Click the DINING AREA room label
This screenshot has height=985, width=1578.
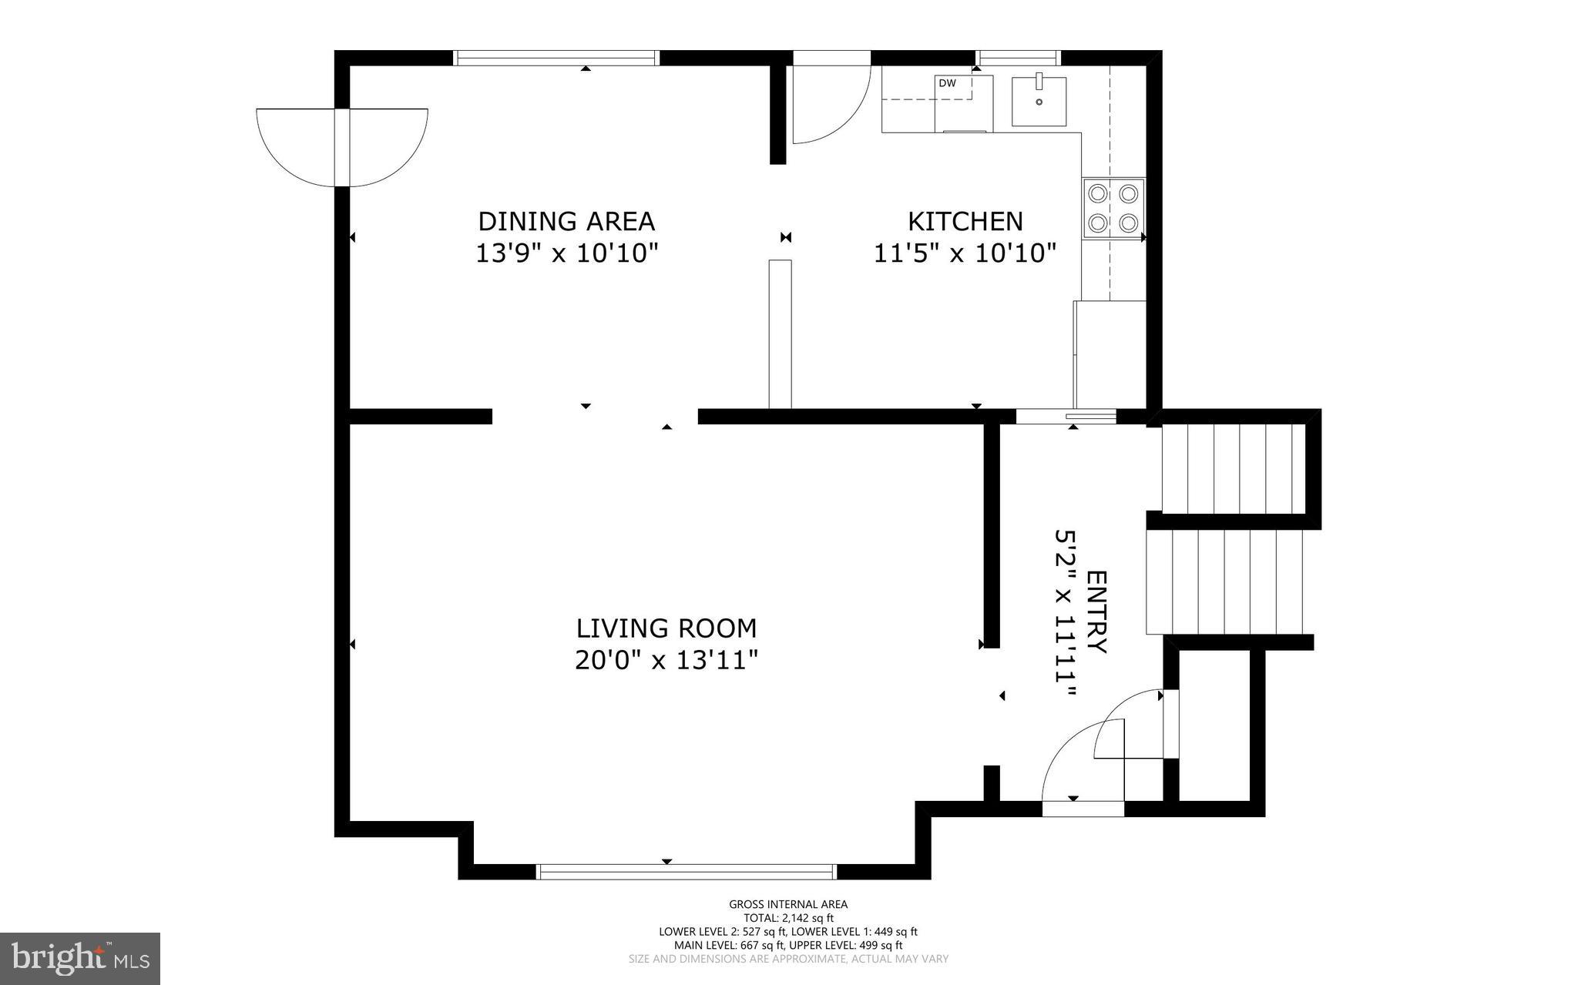pyautogui.click(x=566, y=221)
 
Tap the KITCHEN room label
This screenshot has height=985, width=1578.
pyautogui.click(x=965, y=221)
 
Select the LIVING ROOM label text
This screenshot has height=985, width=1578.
pyautogui.click(x=666, y=628)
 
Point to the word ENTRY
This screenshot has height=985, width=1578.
pyautogui.click(x=1096, y=612)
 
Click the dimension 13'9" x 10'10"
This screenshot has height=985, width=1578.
pyautogui.click(x=566, y=253)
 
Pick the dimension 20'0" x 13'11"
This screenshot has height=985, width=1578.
pyautogui.click(x=666, y=660)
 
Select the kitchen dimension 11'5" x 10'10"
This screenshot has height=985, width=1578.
pyautogui.click(x=965, y=253)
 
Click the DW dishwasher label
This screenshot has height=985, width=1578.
pyautogui.click(x=947, y=83)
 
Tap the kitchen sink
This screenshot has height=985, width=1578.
pyautogui.click(x=1039, y=101)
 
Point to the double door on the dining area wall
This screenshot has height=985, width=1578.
pyautogui.click(x=341, y=146)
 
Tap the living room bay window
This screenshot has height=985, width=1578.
pyautogui.click(x=686, y=872)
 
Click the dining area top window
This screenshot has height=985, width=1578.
pyautogui.click(x=556, y=58)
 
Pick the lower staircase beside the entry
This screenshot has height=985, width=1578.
pyautogui.click(x=1225, y=581)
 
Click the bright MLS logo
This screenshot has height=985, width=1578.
pyautogui.click(x=80, y=958)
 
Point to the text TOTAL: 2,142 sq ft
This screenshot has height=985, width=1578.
pyautogui.click(x=788, y=918)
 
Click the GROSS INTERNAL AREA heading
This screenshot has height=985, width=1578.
pyautogui.click(x=788, y=905)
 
